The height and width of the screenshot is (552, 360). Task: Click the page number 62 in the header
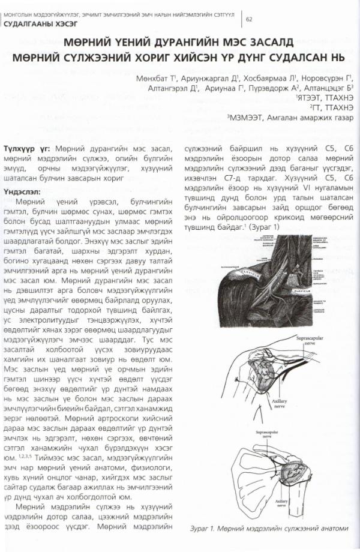248,19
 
